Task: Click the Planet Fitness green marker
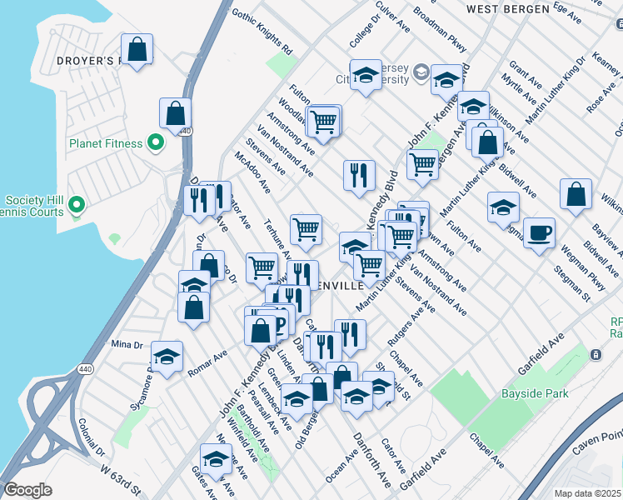tap(155, 143)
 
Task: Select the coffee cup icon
tap(540, 232)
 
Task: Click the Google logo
tap(27, 490)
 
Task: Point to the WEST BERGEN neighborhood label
tap(507, 9)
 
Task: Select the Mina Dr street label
tap(127, 344)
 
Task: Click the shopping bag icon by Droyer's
tap(137, 48)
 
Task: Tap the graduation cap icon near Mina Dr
tap(167, 357)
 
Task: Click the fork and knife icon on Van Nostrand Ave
tap(359, 175)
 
